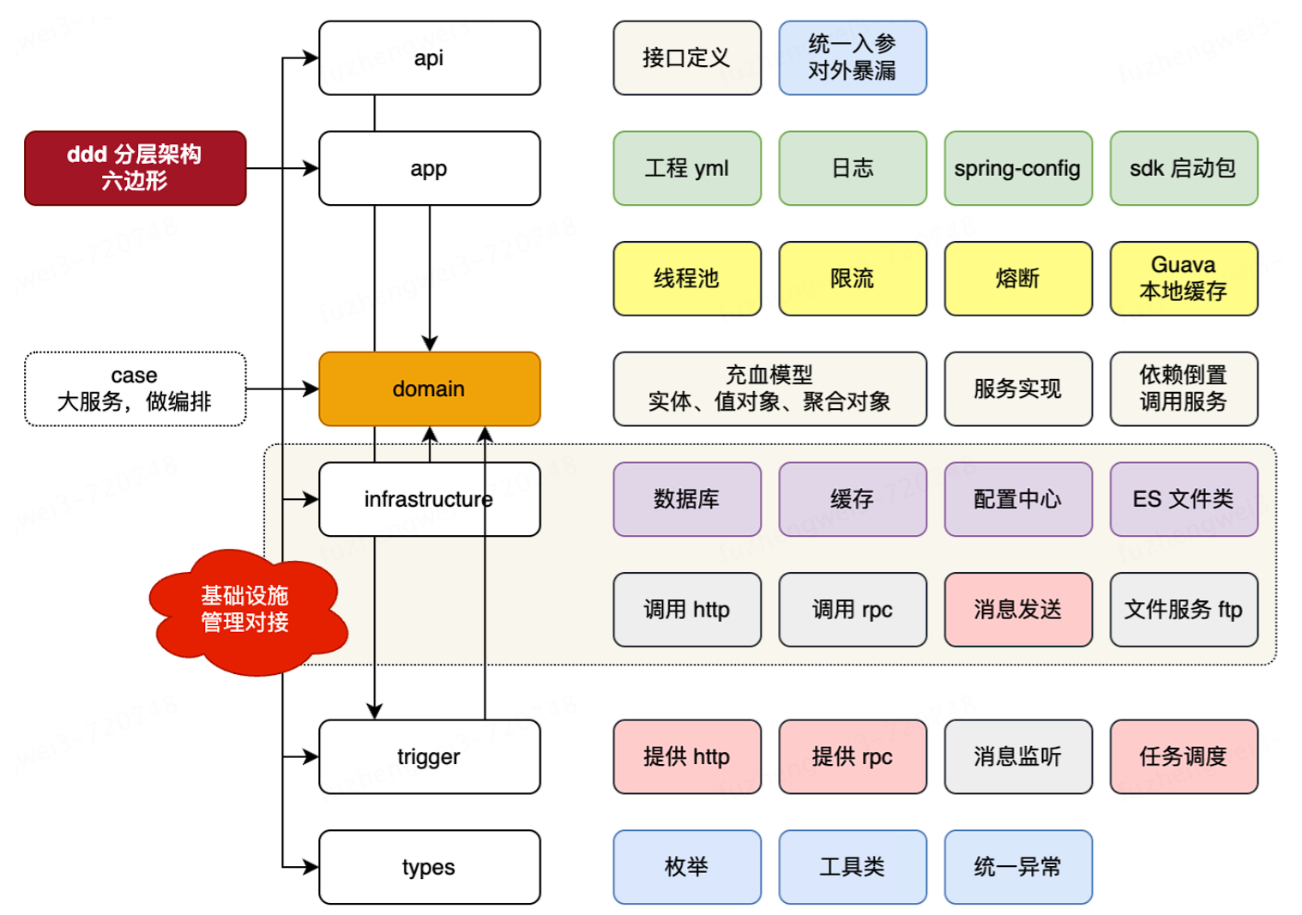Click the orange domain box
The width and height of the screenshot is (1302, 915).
430,389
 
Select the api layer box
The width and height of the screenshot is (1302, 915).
430,58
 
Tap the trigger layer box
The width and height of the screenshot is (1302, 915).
430,757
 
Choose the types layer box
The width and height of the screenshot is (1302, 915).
430,867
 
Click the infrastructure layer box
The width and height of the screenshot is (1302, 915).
430,499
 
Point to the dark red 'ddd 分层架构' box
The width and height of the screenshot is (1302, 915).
136,168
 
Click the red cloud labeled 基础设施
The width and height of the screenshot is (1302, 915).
247,611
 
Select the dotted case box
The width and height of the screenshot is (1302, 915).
136,389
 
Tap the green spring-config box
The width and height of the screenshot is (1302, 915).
1018,168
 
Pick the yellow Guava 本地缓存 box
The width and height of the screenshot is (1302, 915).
1184,279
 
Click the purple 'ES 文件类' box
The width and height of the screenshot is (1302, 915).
1184,499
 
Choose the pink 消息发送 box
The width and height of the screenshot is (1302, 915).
1018,610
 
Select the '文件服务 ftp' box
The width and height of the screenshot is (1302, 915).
1184,610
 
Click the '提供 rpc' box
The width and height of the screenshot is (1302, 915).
853,757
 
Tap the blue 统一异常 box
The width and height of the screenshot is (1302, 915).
1018,867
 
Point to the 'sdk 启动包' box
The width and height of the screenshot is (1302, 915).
1184,168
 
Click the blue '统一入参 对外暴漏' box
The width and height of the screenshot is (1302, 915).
853,58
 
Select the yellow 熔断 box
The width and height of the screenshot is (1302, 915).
1018,279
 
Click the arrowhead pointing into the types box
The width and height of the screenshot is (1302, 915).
311,867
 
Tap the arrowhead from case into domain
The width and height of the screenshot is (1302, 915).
311,389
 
